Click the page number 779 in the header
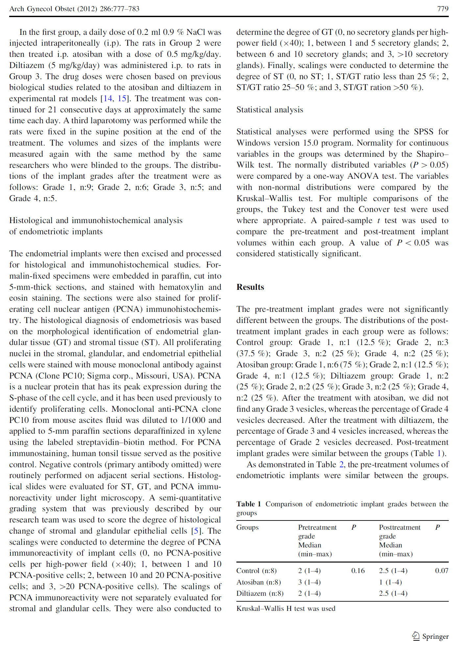(x=443, y=9)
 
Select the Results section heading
(x=250, y=287)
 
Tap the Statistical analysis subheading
(x=270, y=110)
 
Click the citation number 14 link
(x=108, y=99)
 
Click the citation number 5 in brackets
(x=196, y=531)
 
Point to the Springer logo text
(x=435, y=636)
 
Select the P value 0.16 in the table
(x=358, y=571)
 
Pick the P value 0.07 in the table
(x=442, y=571)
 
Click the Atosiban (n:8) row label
(x=259, y=582)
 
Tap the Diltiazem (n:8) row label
(x=260, y=593)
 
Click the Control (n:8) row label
(x=256, y=571)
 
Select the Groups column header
(x=248, y=527)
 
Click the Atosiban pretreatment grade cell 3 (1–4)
(x=309, y=582)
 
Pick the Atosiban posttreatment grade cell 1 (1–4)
(x=390, y=582)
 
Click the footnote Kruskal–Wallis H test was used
(x=286, y=609)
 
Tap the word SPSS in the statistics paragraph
(x=423, y=132)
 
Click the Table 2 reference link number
(x=342, y=465)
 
